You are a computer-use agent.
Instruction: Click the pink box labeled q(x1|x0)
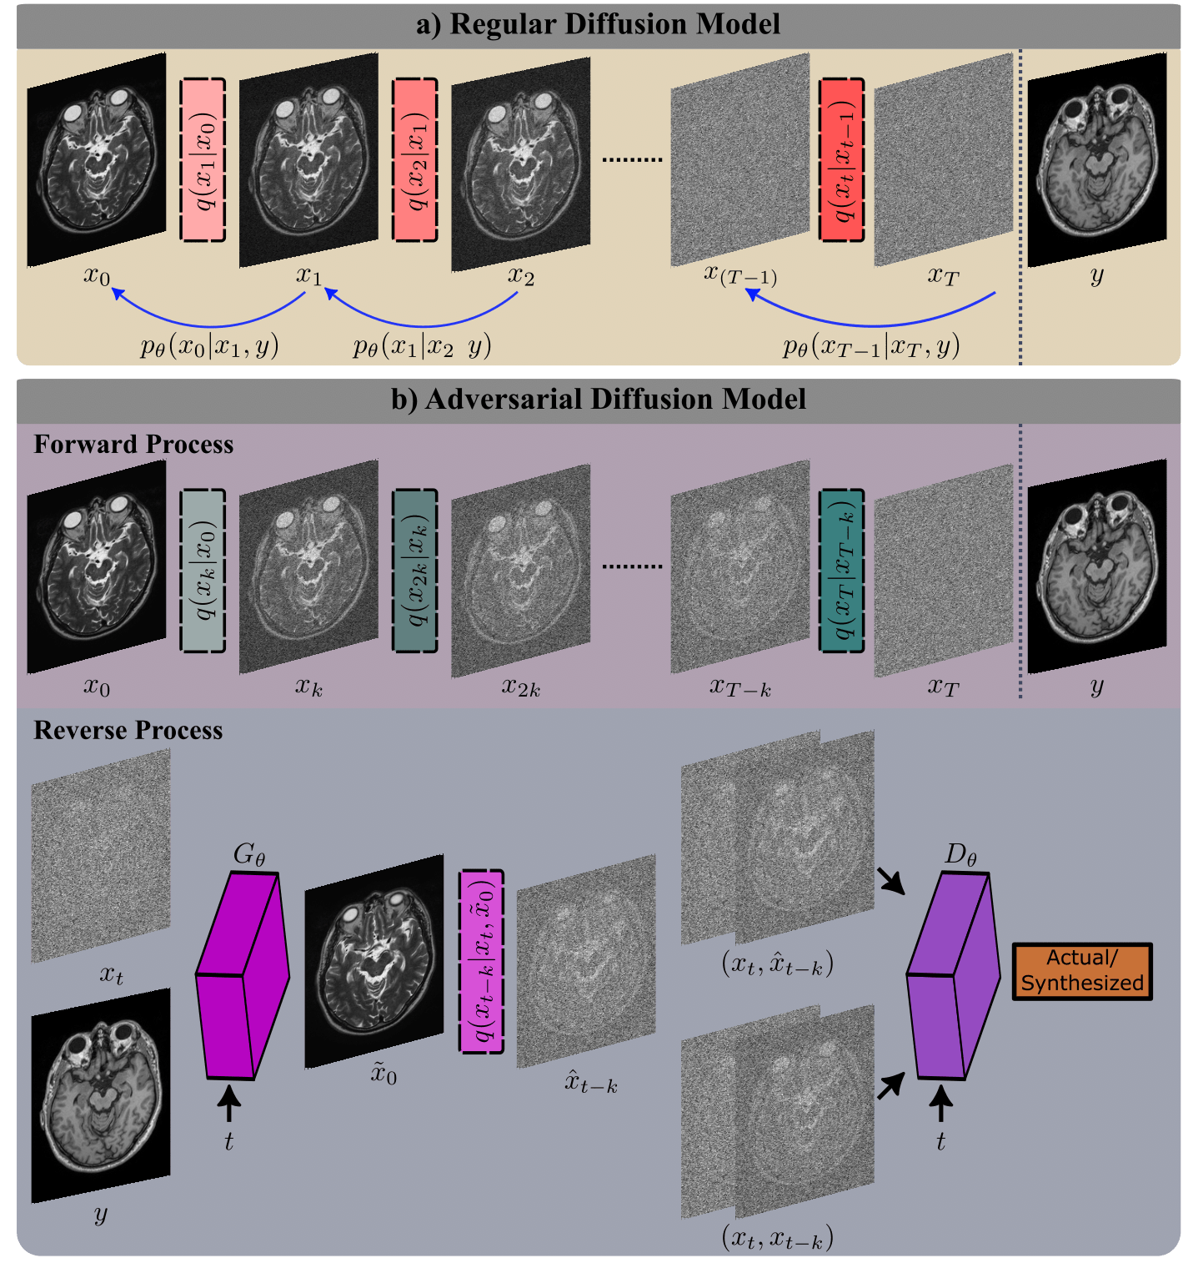point(203,160)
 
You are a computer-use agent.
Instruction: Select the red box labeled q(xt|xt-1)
point(841,160)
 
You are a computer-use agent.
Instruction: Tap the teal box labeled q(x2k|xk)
point(414,571)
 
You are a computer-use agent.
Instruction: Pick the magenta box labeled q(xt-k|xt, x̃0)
point(481,961)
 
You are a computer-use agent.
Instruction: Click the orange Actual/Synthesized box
point(1081,971)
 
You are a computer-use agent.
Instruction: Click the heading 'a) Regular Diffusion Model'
point(598,24)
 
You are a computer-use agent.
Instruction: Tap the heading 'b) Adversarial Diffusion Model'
point(598,400)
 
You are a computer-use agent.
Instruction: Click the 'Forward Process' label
point(133,444)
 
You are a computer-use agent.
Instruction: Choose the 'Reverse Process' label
point(128,730)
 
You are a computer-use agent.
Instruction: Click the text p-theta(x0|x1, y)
point(208,346)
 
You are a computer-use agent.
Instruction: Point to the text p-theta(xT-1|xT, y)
point(870,346)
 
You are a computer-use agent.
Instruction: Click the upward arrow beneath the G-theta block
point(228,1107)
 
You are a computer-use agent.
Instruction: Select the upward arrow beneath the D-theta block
point(940,1107)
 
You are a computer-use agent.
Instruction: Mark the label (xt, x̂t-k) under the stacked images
point(777,965)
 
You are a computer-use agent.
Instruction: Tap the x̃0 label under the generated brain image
point(383,1074)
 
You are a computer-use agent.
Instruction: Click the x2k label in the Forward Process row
point(521,687)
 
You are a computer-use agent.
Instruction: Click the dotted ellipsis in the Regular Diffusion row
point(631,159)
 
